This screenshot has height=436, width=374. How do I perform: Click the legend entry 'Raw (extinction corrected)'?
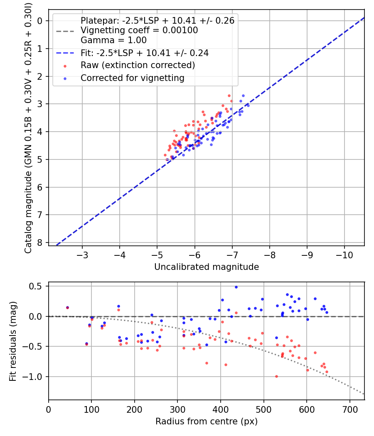[x=138, y=65]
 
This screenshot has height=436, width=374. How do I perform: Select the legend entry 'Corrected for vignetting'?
[x=132, y=78]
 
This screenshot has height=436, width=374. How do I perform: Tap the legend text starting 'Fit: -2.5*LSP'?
[x=144, y=53]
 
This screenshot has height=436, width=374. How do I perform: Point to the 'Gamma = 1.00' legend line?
[x=113, y=40]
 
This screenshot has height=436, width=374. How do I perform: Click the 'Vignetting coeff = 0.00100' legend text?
[x=139, y=30]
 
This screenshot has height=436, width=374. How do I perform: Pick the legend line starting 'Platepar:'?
[x=157, y=20]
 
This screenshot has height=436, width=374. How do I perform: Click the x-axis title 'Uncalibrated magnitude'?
[x=206, y=267]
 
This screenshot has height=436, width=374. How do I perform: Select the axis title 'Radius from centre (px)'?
[x=206, y=421]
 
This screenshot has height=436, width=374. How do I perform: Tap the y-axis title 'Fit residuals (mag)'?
[x=13, y=341]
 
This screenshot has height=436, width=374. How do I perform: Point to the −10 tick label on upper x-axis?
[x=344, y=255]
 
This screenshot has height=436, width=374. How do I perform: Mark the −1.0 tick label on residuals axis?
[x=35, y=377]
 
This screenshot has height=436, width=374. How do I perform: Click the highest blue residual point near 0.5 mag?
[x=236, y=287]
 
